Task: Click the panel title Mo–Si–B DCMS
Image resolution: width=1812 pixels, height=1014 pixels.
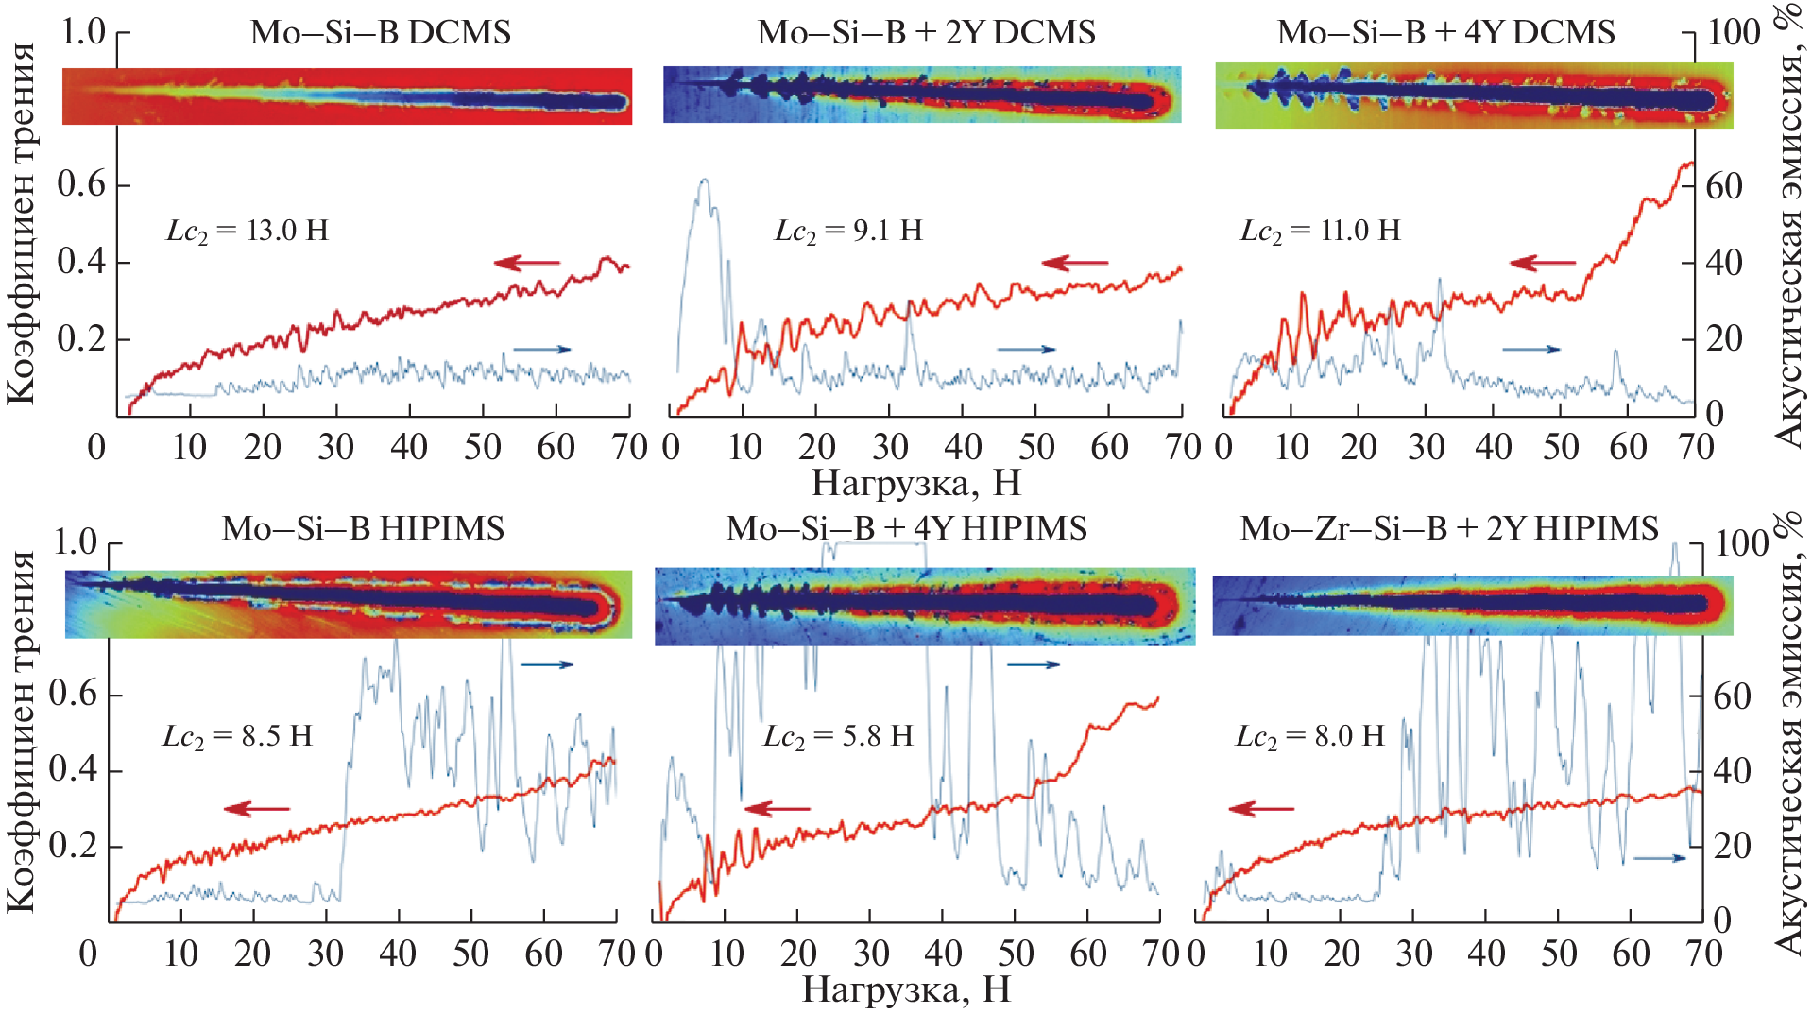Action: tap(380, 33)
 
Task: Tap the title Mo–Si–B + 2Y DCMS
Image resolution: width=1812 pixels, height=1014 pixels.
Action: tap(926, 33)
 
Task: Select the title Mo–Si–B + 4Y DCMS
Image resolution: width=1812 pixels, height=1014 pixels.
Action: tap(1445, 33)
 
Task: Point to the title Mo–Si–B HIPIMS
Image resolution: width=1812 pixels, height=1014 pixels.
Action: tap(363, 528)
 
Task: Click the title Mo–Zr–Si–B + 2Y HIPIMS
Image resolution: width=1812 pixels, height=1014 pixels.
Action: tap(1449, 528)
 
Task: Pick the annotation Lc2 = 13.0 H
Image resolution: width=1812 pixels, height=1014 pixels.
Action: tap(248, 232)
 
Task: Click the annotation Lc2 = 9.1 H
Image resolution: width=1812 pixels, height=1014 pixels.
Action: tap(848, 232)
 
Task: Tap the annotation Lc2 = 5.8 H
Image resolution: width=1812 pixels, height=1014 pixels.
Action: tap(838, 737)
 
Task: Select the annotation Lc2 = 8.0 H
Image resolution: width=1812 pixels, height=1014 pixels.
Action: tap(1310, 737)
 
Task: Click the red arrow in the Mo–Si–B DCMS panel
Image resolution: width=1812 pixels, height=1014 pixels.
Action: tap(526, 263)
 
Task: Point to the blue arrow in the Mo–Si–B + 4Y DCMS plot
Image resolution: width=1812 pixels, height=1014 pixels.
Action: tap(1530, 350)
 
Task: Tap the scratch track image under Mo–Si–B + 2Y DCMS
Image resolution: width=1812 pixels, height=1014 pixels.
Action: tap(922, 95)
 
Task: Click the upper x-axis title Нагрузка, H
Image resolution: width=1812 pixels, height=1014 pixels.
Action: tap(916, 484)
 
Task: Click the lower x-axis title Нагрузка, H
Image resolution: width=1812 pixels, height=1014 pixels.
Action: tap(907, 990)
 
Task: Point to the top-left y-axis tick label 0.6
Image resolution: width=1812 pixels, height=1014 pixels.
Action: tap(81, 184)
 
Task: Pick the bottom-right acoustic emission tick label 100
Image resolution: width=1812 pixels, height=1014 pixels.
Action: tap(1741, 544)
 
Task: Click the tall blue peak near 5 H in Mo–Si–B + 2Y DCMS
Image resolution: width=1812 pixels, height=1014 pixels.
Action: tap(704, 181)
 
